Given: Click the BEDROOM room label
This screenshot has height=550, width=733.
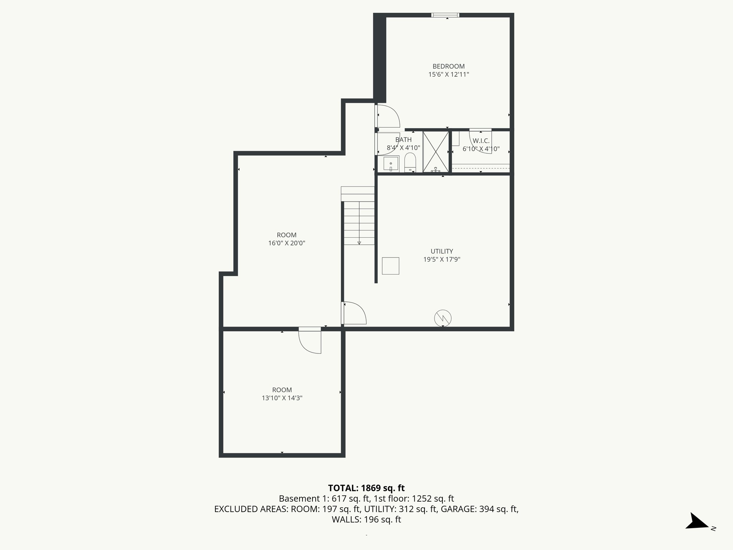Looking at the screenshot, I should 448,66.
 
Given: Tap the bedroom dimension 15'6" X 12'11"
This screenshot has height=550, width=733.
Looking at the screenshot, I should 448,74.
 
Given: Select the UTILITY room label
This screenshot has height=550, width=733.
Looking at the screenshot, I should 442,251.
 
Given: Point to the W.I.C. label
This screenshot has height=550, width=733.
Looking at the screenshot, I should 481,141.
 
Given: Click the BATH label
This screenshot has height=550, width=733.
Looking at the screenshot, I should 403,140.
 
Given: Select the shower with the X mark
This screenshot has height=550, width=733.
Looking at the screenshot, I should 436,152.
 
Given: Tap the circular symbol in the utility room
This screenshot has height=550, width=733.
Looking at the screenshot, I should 443,318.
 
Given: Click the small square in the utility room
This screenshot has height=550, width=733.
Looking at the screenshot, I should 390,266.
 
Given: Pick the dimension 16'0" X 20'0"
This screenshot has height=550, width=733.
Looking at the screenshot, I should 287,243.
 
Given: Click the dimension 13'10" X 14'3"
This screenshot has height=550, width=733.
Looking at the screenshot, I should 282,398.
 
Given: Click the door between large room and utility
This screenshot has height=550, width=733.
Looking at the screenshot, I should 354,313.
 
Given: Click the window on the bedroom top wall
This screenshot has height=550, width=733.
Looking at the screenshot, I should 445,15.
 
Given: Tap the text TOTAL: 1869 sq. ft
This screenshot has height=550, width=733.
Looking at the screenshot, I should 366,488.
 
